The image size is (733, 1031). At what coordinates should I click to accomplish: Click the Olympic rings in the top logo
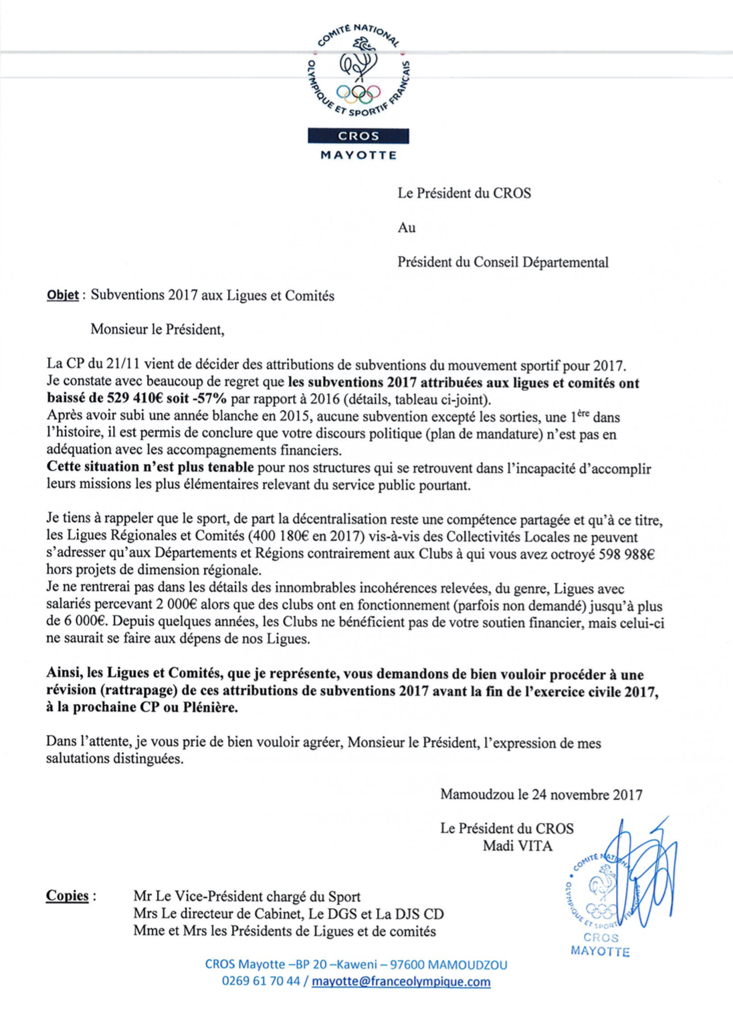pyautogui.click(x=358, y=92)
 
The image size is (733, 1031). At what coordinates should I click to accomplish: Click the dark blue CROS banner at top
pyautogui.click(x=358, y=136)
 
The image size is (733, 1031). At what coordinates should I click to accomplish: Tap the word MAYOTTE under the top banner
pyautogui.click(x=358, y=155)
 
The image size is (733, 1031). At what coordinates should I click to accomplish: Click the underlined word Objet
pyautogui.click(x=62, y=296)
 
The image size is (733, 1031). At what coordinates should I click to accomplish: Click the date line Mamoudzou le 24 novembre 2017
pyautogui.click(x=541, y=794)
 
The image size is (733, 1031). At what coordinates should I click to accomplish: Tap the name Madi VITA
pyautogui.click(x=518, y=846)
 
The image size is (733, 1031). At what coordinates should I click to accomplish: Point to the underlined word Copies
pyautogui.click(x=67, y=895)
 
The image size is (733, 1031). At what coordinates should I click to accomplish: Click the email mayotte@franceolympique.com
pyautogui.click(x=401, y=982)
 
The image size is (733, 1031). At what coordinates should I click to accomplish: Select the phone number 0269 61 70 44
pyautogui.click(x=261, y=982)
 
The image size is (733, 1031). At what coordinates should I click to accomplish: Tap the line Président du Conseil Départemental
pyautogui.click(x=503, y=262)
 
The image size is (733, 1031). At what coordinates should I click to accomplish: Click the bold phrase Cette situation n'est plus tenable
pyautogui.click(x=150, y=467)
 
